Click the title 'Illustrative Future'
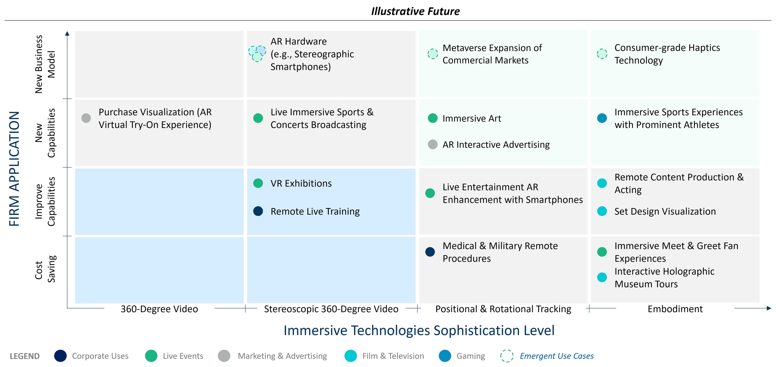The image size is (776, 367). [415, 11]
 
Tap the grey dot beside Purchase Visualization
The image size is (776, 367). [86, 118]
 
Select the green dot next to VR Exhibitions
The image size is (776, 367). [258, 183]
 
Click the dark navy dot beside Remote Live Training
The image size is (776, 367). [258, 211]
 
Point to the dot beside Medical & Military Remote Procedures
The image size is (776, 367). [430, 252]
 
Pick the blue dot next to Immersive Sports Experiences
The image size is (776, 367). [602, 118]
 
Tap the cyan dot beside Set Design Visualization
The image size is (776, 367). [602, 211]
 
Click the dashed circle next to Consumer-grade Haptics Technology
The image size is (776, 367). [602, 54]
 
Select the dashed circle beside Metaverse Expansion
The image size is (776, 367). [433, 54]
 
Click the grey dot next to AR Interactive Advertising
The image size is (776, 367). [433, 144]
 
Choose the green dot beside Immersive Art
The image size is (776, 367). [433, 118]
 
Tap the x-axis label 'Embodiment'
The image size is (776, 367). [675, 309]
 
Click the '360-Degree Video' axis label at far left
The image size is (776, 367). [159, 309]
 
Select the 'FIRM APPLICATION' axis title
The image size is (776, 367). [14, 169]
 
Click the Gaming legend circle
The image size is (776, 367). [445, 356]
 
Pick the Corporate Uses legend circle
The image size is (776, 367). [60, 356]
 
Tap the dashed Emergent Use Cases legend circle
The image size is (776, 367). [507, 356]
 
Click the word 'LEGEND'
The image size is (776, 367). [25, 356]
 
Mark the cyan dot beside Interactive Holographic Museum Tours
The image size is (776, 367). [602, 277]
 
